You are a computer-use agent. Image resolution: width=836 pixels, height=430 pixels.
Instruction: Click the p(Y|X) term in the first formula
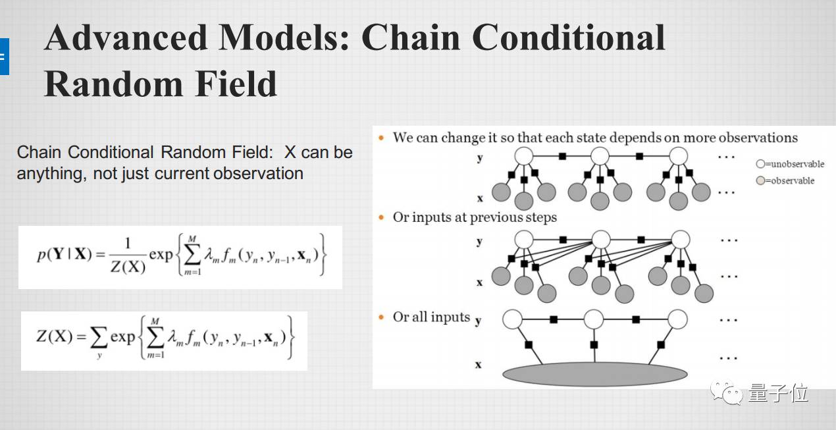click(x=65, y=255)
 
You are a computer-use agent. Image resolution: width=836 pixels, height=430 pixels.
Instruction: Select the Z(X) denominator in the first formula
click(x=127, y=267)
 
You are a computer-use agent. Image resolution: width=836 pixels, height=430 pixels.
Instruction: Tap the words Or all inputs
click(x=431, y=317)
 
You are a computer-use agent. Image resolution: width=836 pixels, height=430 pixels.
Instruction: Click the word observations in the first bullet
click(x=758, y=138)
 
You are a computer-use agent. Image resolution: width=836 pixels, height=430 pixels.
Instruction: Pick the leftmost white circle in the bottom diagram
click(x=512, y=320)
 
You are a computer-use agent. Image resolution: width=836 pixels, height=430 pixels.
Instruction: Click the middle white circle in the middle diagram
click(x=601, y=239)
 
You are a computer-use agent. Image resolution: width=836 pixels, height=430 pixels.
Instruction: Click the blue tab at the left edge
click(x=4, y=57)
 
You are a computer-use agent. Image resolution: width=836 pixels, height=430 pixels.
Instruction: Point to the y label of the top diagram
click(x=479, y=158)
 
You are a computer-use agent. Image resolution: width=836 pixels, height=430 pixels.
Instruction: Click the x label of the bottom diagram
click(x=479, y=365)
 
